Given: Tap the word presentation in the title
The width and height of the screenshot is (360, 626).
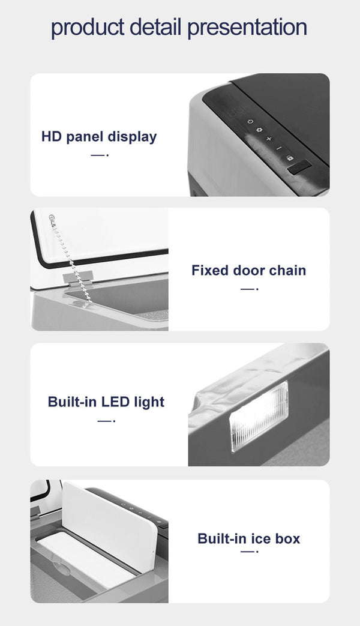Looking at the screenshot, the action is [247, 28].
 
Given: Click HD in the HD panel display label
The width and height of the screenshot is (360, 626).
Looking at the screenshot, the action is [51, 136].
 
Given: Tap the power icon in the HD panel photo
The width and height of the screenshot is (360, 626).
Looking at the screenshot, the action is [250, 121].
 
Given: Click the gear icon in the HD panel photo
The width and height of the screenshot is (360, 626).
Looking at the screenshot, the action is [259, 130].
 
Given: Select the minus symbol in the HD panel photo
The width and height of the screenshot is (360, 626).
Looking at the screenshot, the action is [279, 148].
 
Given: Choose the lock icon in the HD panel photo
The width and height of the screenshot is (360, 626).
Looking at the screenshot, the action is [290, 158].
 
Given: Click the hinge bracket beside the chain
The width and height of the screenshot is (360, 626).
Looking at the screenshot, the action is [78, 278].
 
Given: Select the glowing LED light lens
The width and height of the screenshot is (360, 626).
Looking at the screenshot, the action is [259, 416].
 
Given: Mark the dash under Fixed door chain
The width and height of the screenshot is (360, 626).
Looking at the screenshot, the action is [249, 289].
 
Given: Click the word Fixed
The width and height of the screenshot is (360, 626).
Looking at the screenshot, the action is [210, 270].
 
